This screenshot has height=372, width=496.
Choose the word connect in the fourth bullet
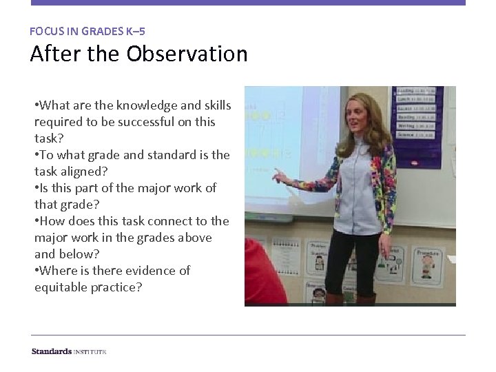(150, 221)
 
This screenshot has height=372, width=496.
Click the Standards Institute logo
(68, 351)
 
